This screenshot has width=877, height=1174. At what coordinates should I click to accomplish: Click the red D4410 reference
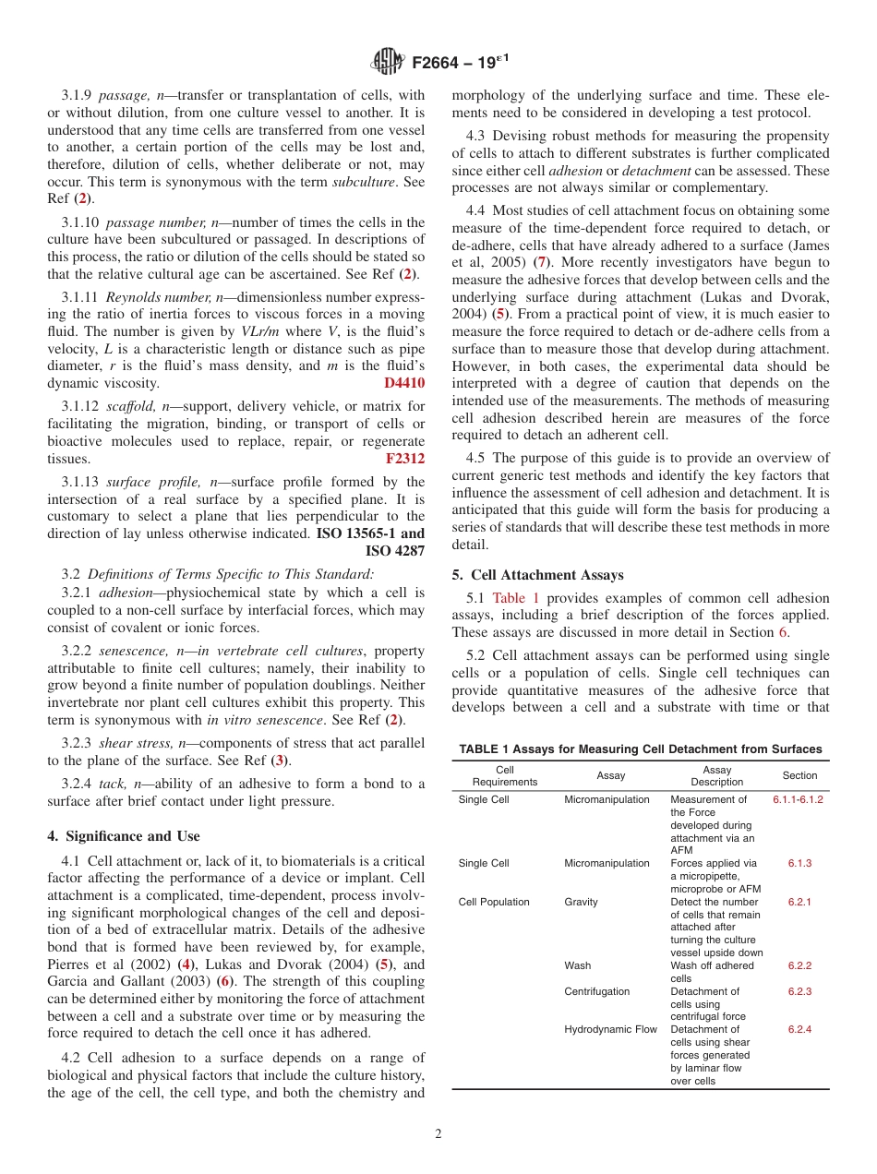point(404,383)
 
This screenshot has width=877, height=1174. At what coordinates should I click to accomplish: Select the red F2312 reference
point(405,459)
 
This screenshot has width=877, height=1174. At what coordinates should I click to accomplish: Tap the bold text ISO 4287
point(395,551)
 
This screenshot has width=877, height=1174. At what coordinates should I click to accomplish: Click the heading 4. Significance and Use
point(124,836)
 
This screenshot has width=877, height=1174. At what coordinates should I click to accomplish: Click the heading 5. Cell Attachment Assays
point(537,575)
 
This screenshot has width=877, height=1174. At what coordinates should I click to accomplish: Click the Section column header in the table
point(799,775)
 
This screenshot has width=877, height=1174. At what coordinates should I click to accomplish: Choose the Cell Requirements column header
point(504,775)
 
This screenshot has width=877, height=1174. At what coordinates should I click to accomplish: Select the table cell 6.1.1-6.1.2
point(798,799)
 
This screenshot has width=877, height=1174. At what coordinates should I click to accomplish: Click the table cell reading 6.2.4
point(799,1029)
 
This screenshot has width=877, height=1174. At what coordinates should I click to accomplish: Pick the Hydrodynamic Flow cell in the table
point(610,1029)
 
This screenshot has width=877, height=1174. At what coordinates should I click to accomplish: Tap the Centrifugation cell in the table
point(596,991)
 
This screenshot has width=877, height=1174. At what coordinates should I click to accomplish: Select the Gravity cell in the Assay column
point(581,902)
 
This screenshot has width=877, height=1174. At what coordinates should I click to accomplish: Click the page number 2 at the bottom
point(438,1134)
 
